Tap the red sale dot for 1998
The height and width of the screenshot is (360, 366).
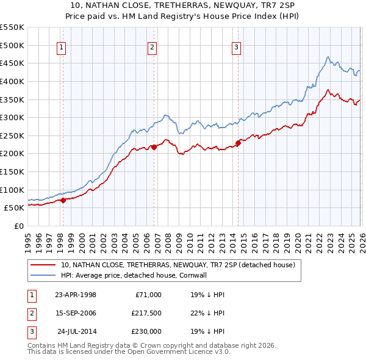(x=63, y=200)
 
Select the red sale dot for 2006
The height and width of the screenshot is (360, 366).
(x=154, y=146)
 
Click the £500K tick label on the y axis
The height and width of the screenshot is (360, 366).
(x=12, y=45)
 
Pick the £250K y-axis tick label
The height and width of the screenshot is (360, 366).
(x=12, y=135)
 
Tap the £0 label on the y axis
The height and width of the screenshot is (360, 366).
(x=19, y=226)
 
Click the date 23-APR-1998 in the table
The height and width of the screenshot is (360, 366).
(x=76, y=295)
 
